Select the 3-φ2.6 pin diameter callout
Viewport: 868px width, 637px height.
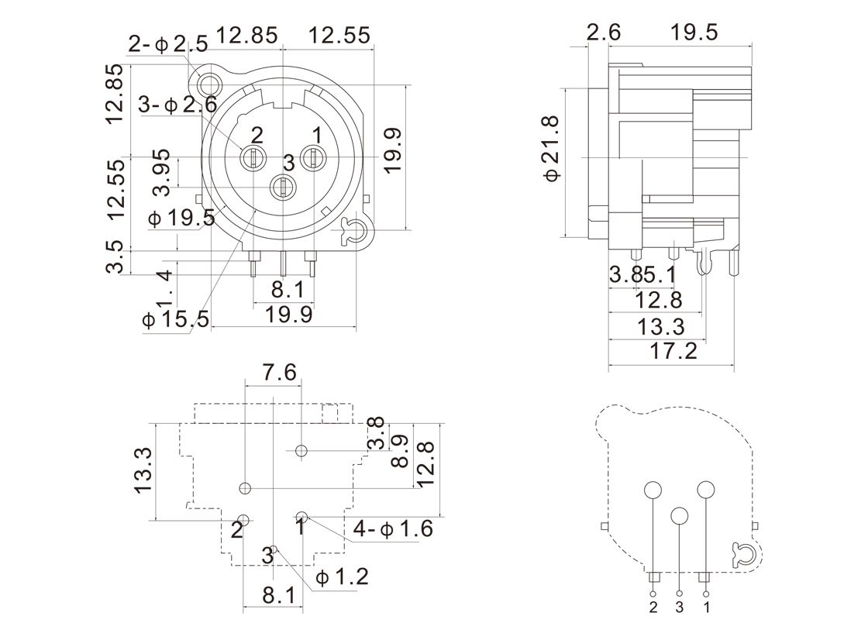(178, 104)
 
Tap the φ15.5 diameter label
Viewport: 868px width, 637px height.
(177, 318)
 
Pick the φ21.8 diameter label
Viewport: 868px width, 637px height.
(552, 148)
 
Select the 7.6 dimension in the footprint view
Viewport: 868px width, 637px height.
(279, 373)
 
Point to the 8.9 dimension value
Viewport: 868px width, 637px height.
(400, 451)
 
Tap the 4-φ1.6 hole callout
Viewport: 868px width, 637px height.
(393, 529)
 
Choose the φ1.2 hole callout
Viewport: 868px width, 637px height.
(342, 577)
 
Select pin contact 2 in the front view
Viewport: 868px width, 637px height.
(253, 158)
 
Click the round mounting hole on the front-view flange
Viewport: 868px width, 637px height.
(209, 81)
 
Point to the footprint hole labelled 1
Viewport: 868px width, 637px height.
(302, 517)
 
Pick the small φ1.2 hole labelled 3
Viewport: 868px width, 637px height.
(274, 549)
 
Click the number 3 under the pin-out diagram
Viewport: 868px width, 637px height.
(680, 608)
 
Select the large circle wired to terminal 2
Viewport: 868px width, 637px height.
(653, 490)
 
